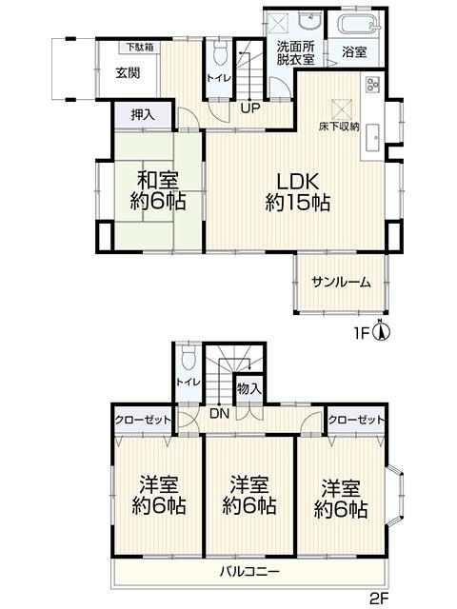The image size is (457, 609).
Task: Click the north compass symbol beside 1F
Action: tap(382, 330)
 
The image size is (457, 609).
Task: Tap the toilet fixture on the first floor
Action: tap(221, 51)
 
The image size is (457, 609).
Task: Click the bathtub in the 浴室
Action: tap(358, 23)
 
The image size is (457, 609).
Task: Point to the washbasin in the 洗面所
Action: tap(309, 20)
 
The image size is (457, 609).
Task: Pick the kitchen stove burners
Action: tap(372, 85)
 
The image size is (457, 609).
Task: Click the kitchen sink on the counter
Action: tap(373, 138)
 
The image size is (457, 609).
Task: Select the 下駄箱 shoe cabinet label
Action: tap(140, 48)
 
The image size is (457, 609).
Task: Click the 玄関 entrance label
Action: tap(128, 72)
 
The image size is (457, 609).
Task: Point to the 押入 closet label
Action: tap(143, 114)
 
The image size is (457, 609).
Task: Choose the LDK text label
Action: tap(298, 181)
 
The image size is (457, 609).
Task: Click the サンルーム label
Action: tap(342, 282)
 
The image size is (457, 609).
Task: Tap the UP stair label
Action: tap(249, 108)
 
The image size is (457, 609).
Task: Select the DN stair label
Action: tap(220, 414)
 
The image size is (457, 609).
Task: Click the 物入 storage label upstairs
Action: tap(249, 388)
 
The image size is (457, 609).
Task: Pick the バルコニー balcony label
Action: tap(249, 571)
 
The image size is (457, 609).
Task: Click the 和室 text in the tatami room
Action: tap(158, 181)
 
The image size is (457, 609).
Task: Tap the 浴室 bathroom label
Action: tap(354, 52)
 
